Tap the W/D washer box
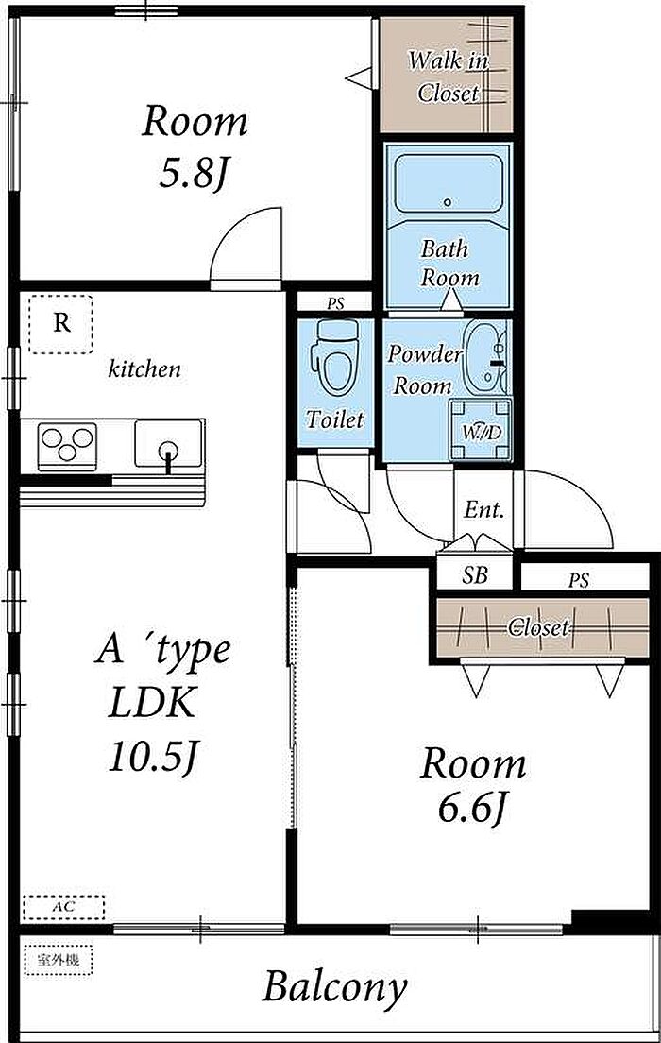tap(481, 430)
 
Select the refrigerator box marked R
tap(61, 324)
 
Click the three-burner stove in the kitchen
tap(67, 443)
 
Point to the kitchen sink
tap(168, 443)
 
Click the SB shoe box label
tap(475, 575)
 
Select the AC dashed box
tap(64, 907)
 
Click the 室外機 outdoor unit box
tap(58, 961)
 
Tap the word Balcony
tap(334, 988)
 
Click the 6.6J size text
tap(472, 808)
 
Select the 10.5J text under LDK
tap(154, 756)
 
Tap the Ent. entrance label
tap(484, 510)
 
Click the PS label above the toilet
tap(336, 304)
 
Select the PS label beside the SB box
tap(579, 581)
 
